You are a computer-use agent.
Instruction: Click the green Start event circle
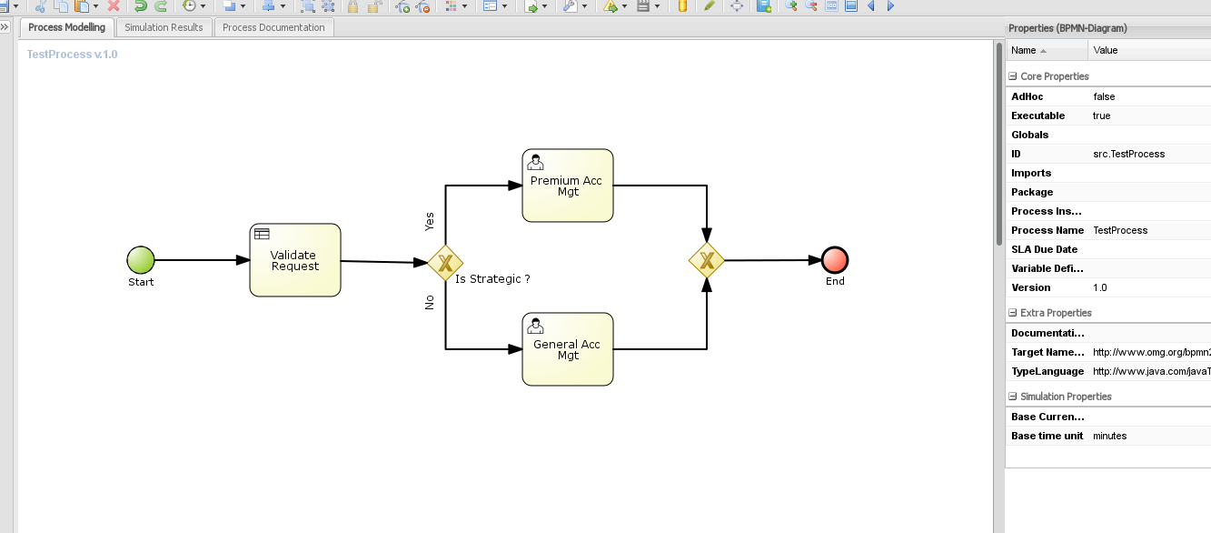141,260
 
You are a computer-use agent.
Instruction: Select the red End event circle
835,260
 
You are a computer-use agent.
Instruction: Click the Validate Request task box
295,260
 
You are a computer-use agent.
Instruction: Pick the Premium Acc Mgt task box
568,186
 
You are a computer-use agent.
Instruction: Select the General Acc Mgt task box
568,349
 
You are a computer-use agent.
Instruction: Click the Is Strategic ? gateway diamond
445,263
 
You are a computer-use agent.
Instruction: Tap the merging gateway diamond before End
706,261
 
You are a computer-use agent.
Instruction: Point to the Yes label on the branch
430,221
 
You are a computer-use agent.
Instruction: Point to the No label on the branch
430,302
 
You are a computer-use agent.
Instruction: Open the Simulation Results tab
164,27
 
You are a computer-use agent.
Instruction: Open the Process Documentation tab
273,27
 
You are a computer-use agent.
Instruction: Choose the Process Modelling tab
66,27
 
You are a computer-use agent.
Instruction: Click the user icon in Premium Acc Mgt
536,163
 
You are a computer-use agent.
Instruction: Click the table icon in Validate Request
262,235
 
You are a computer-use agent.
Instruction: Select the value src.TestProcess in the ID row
1128,154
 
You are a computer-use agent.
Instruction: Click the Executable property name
1037,116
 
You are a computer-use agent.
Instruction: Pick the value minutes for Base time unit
1109,436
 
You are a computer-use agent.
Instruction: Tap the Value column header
1106,50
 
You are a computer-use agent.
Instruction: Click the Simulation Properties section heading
1066,397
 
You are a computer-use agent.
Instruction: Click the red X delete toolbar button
114,6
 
